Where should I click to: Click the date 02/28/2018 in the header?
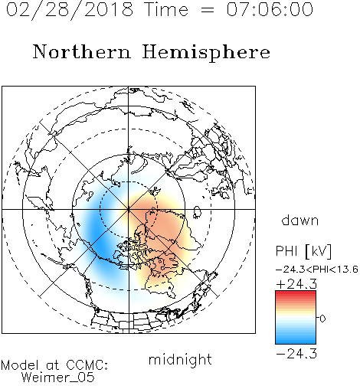tap(70, 9)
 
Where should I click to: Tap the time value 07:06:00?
tap(270, 9)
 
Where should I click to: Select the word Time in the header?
tap(166, 9)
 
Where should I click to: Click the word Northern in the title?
tap(82, 51)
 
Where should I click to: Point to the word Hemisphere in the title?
tap(206, 52)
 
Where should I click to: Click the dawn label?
tap(300, 220)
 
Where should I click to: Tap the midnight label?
tap(180, 359)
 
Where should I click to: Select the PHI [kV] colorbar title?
tap(303, 251)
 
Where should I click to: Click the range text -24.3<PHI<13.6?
tap(317, 270)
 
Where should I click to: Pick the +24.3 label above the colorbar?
tap(296, 284)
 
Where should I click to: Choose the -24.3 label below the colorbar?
tap(296, 354)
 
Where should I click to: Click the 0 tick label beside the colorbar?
tap(322, 319)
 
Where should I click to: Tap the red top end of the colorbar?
tap(296, 293)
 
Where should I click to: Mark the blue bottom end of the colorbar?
tap(296, 342)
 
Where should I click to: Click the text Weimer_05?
tap(58, 378)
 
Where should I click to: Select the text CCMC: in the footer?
tap(87, 365)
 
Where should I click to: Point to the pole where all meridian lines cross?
tap(129, 209)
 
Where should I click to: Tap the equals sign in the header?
tap(208, 10)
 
